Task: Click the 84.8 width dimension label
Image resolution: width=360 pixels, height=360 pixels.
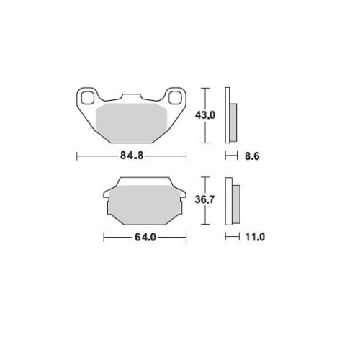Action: coord(132,156)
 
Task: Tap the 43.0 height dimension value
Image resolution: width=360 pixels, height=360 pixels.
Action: coord(205,115)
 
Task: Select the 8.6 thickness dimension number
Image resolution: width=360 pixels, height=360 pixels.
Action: coord(252,156)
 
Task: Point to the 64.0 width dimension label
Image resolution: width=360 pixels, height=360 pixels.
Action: coord(145,238)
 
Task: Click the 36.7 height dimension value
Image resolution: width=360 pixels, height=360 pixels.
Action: coord(204,199)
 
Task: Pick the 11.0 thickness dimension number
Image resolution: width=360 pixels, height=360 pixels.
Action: coord(255,237)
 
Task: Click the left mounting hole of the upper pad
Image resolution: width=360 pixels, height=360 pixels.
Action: coord(88,98)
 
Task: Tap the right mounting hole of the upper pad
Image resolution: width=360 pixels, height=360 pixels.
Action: coord(175,98)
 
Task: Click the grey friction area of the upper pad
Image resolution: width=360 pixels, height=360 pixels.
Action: coord(132,123)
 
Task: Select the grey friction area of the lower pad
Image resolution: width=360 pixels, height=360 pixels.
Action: coord(145,204)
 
